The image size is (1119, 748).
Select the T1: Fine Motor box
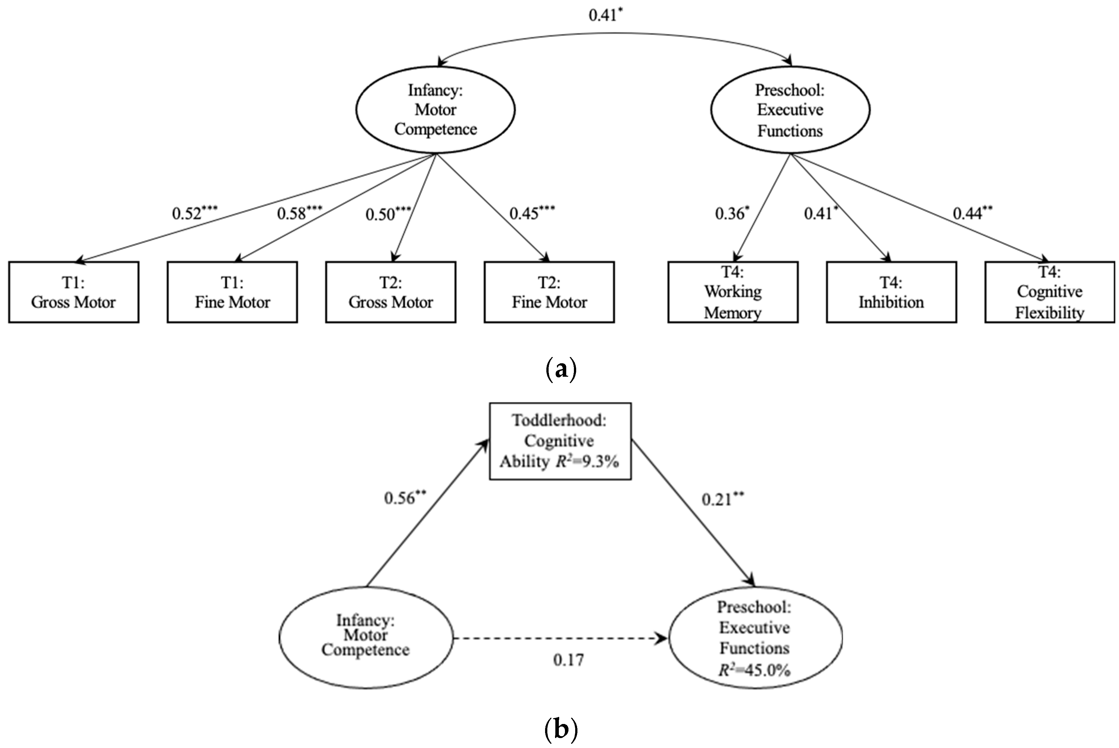tap(232, 292)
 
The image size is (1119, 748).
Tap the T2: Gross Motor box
tap(390, 292)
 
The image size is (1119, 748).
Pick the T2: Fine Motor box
tap(549, 292)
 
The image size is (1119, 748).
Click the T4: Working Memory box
tap(733, 292)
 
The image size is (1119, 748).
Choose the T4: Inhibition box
tap(891, 292)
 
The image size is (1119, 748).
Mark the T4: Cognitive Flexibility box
tap(1050, 292)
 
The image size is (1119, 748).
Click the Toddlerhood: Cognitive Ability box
tap(560, 441)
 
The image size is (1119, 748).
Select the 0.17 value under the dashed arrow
tap(568, 660)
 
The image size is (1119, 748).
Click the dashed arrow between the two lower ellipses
tap(560, 638)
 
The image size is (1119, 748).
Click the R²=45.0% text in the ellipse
tap(754, 670)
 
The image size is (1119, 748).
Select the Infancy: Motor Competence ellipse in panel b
tap(366, 637)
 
